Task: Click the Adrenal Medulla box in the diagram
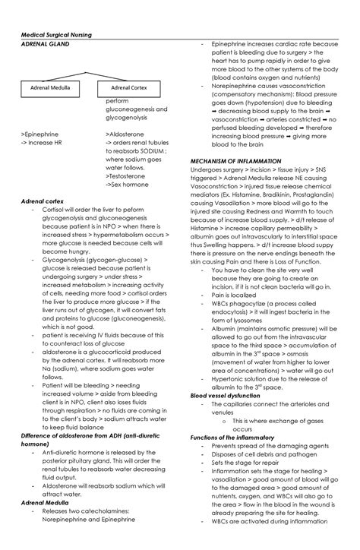[x=50, y=87]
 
